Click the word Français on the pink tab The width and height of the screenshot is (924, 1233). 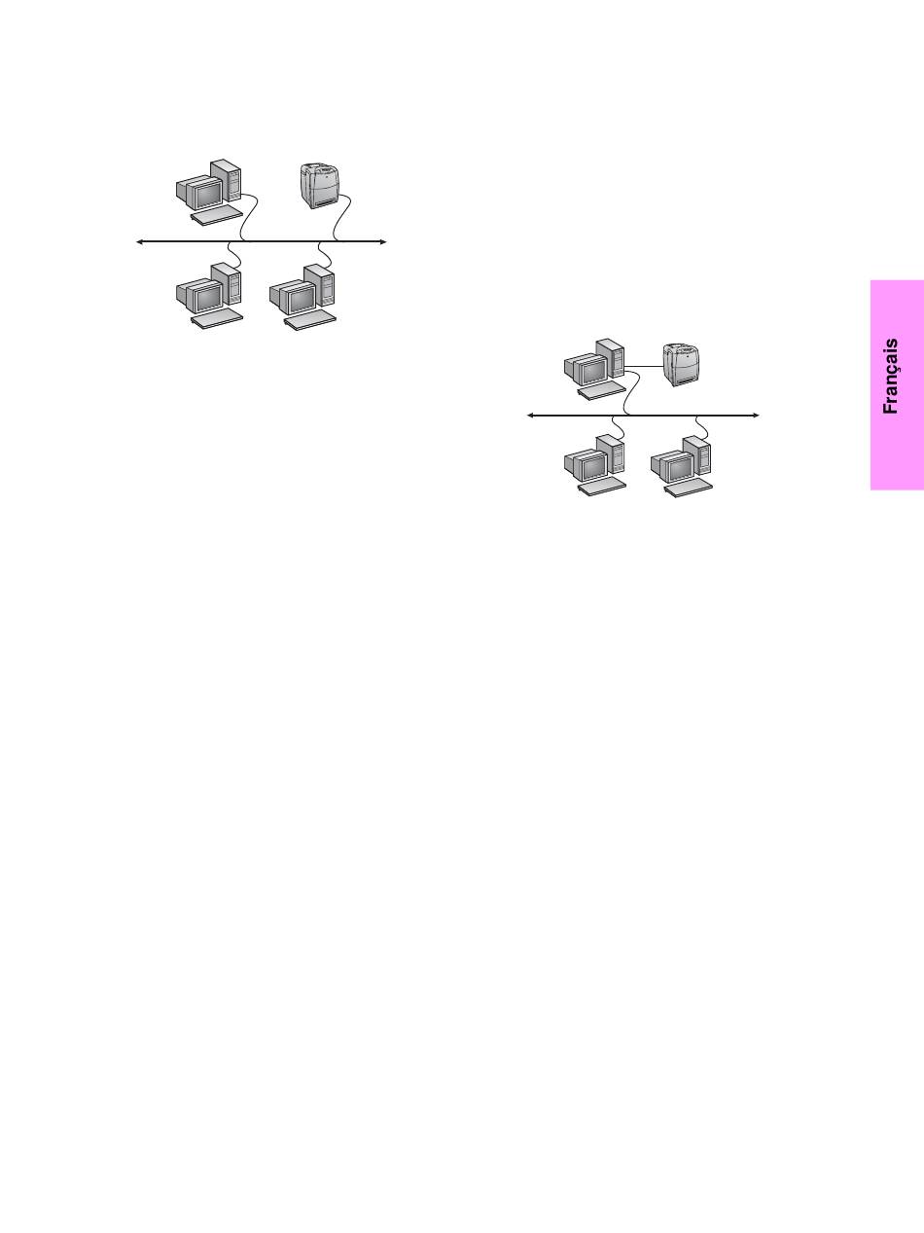point(890,377)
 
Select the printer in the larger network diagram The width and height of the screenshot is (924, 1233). point(322,185)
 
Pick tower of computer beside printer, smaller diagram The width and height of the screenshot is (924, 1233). point(610,357)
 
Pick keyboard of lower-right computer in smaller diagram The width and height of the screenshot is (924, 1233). point(689,488)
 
